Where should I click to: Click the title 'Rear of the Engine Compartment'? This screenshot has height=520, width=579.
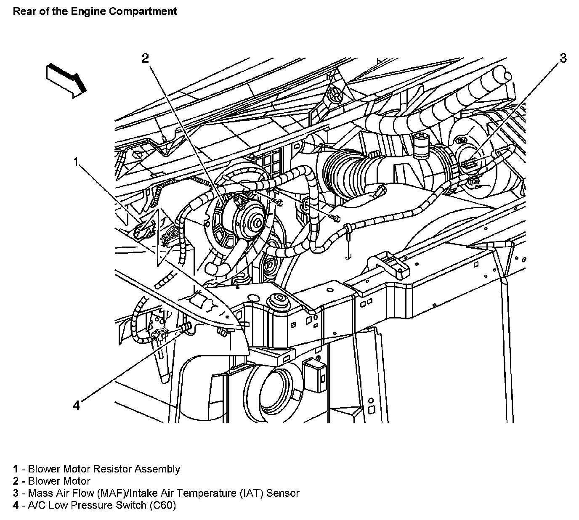point(95,11)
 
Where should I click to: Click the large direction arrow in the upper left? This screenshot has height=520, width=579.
point(66,80)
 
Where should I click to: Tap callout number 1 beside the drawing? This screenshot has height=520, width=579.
point(76,162)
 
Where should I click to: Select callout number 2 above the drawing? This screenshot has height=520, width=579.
point(145,58)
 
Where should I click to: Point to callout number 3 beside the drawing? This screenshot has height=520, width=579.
point(563,58)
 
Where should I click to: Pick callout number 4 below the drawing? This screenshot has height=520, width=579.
point(76,405)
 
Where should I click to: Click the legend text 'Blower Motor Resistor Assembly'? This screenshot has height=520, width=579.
point(104,469)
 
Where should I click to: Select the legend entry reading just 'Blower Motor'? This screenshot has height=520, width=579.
point(59,481)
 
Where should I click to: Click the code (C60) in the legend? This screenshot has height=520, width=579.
point(162,505)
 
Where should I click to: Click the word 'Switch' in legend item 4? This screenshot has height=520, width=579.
point(132,505)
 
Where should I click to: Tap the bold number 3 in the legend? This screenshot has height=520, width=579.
point(16,493)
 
